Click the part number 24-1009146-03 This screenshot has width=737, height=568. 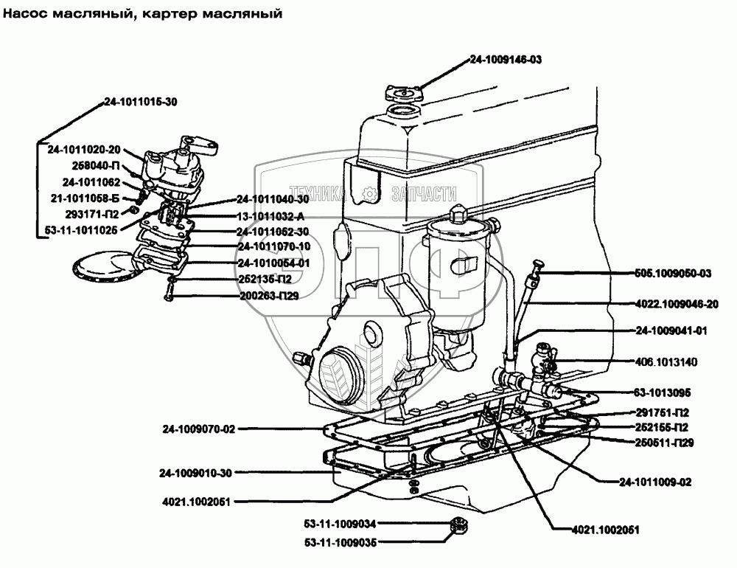[506, 60]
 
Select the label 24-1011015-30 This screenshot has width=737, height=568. [141, 102]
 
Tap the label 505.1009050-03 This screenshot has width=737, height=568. [673, 274]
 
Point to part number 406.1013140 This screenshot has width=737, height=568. [666, 362]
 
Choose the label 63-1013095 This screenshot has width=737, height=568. [663, 393]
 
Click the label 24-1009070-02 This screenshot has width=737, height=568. [199, 429]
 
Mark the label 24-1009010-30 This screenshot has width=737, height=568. [195, 474]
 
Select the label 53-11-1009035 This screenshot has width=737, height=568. [340, 543]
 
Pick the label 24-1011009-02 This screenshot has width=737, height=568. [655, 482]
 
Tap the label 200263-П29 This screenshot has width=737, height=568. [269, 296]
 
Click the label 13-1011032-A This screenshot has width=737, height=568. [270, 216]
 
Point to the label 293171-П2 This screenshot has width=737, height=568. [92, 215]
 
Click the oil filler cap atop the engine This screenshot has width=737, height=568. [404, 93]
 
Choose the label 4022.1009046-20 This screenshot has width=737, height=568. [677, 305]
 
